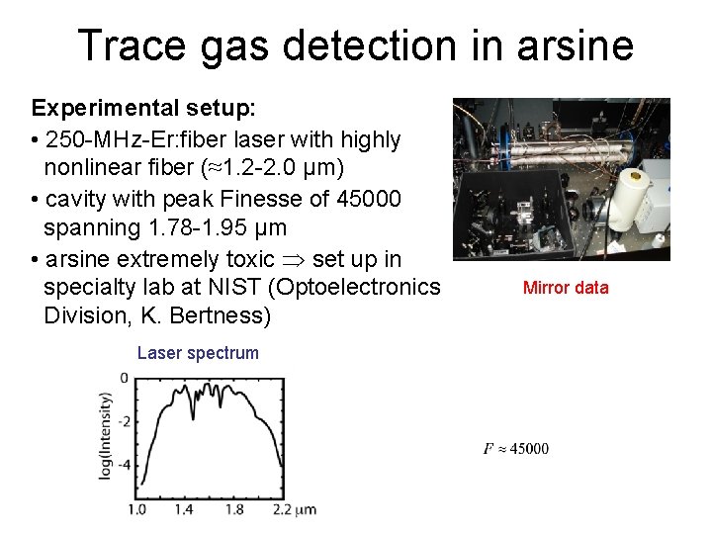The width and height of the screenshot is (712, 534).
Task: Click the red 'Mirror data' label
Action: [566, 288]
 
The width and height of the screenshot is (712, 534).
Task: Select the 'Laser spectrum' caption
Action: [198, 353]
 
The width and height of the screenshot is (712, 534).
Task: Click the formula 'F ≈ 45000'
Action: [515, 450]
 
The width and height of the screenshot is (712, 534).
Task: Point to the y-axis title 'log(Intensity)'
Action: [105, 435]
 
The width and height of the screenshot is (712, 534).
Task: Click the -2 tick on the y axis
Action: [124, 421]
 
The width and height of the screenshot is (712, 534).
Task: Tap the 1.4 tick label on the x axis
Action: [184, 510]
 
